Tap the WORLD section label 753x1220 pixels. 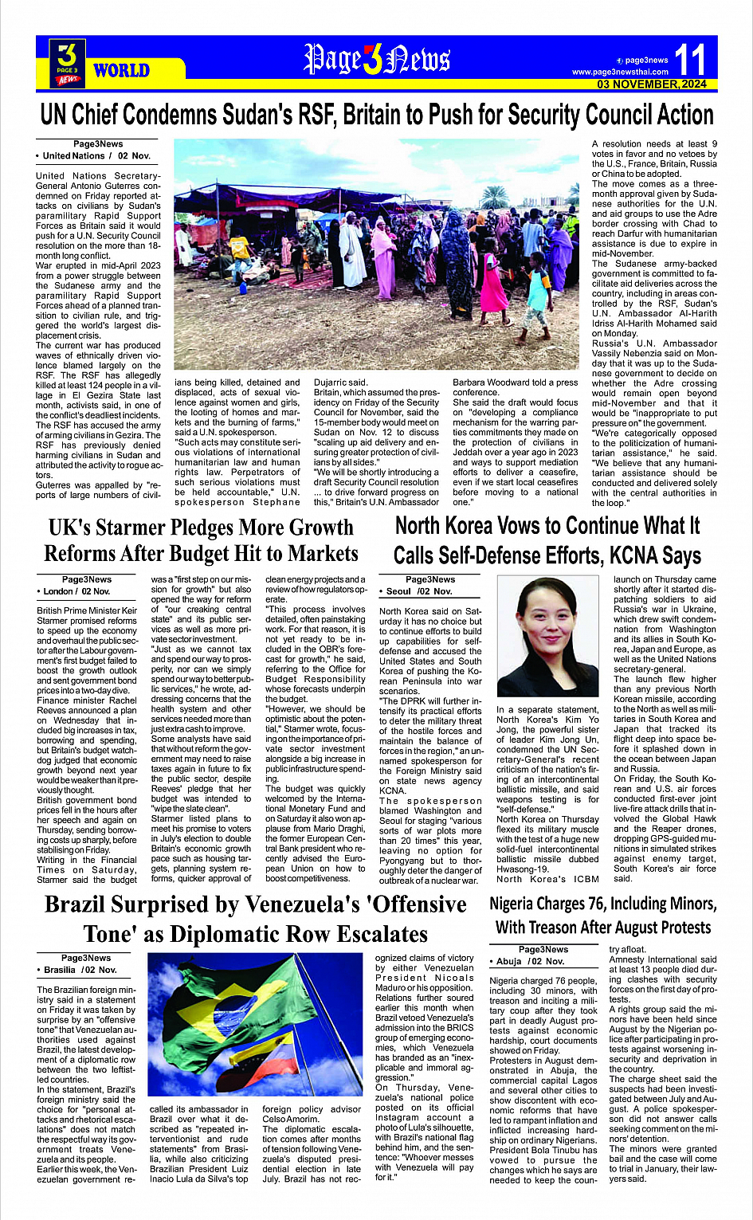(121, 70)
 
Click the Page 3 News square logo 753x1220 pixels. (68, 63)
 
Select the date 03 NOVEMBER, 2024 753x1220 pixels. (652, 84)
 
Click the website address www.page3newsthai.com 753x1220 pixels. (620, 72)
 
